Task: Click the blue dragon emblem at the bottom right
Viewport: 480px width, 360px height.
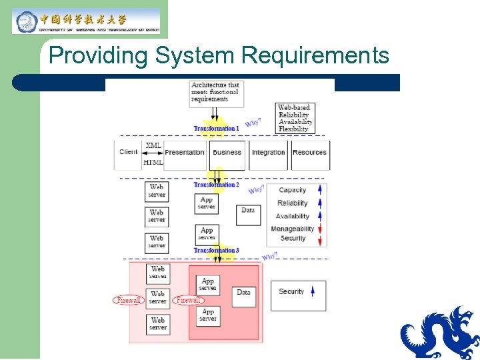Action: pos(440,333)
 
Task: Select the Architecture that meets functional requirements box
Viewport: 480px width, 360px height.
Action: pos(215,93)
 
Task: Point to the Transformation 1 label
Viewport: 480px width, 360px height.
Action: pos(216,128)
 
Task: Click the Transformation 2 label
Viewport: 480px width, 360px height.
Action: pos(216,184)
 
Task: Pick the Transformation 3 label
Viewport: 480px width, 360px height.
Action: pos(216,251)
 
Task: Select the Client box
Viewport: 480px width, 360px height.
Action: pos(129,153)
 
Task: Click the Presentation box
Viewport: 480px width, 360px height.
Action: pos(185,153)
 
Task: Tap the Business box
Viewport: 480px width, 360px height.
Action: pos(227,153)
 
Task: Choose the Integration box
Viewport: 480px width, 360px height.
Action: pos(268,153)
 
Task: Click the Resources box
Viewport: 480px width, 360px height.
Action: pos(309,153)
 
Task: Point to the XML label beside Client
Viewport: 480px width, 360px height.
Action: pos(153,145)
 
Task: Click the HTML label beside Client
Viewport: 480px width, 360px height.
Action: pos(153,162)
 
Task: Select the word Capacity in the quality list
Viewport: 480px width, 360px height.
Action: pos(292,190)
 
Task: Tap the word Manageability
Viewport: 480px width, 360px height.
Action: pos(292,229)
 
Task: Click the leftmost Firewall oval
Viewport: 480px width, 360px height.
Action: pos(128,301)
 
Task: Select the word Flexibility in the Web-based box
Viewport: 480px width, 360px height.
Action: pos(293,129)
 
